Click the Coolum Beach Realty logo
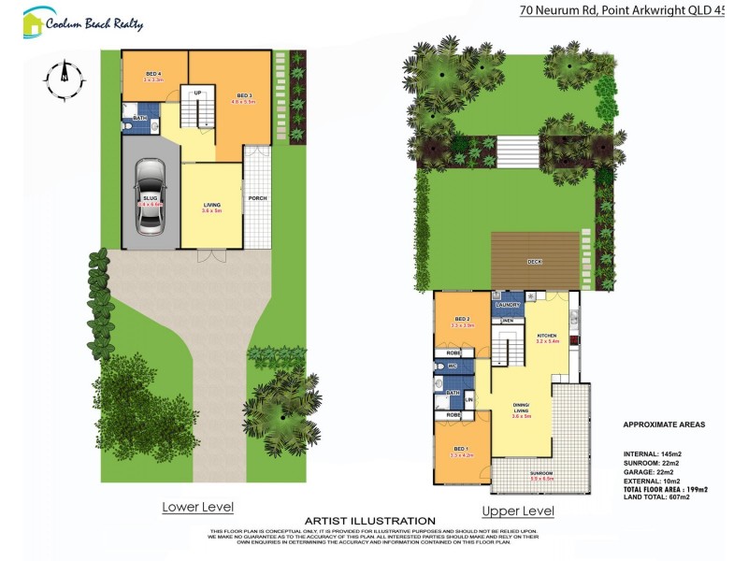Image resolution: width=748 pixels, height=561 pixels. pos(83,22)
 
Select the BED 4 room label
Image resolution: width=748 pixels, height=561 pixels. pos(153,74)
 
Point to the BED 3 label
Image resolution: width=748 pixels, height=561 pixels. pos(244,95)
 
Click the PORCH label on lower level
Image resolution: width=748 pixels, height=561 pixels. pos(257,198)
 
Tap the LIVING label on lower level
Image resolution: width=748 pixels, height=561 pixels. pos(212,205)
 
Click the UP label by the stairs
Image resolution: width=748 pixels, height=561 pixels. pos(198,93)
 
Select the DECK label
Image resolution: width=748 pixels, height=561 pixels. pos(535,262)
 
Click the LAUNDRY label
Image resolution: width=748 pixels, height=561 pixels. pos(508,305)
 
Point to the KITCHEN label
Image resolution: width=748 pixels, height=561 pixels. pos(547,335)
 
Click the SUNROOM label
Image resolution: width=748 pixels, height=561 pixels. pos(540,474)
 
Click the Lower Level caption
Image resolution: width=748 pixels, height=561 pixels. pos(197,507)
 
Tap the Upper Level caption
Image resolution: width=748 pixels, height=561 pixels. pos(517,511)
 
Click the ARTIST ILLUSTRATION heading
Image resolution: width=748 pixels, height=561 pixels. pos(370,521)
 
